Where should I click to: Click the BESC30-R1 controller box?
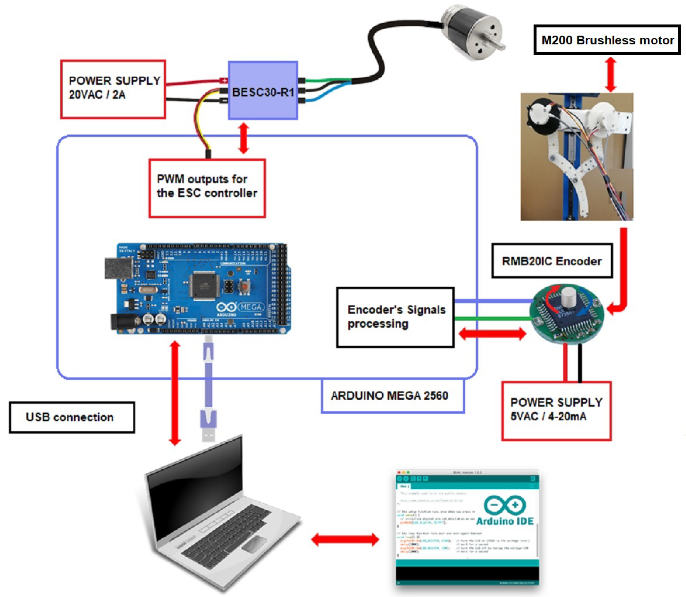[263, 91]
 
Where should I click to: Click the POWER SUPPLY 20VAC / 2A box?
[113, 89]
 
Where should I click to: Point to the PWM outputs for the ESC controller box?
[207, 188]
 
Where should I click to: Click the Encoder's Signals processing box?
[395, 317]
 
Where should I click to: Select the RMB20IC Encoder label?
[552, 261]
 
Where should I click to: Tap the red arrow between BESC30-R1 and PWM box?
[244, 138]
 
